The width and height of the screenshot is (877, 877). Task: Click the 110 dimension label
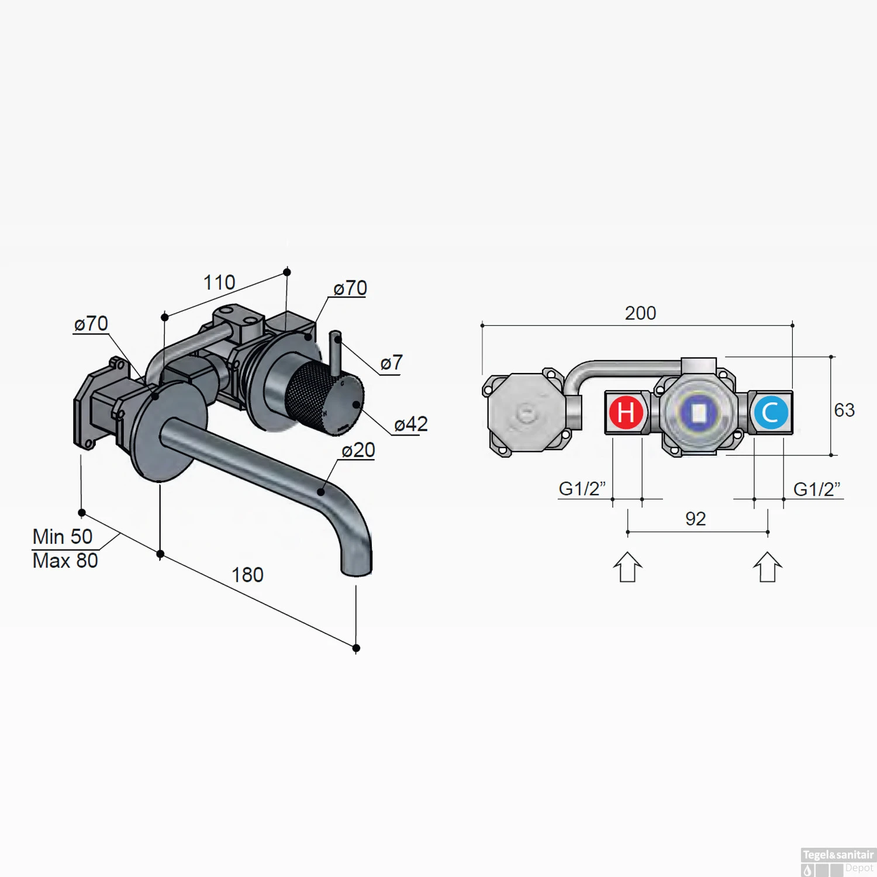click(x=219, y=283)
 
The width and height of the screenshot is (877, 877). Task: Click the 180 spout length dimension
click(x=247, y=575)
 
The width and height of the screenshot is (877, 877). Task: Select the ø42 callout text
click(x=411, y=424)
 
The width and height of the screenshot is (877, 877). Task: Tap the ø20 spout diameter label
click(x=358, y=450)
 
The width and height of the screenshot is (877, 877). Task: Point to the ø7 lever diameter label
click(x=391, y=362)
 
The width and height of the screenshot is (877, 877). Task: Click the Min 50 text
click(x=63, y=536)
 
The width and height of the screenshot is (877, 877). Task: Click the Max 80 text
click(x=65, y=561)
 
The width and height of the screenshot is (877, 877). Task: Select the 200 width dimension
click(x=640, y=313)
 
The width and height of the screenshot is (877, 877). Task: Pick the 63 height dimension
click(x=844, y=410)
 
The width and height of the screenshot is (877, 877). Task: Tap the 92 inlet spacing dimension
click(x=695, y=519)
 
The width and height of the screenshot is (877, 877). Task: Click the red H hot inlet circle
click(x=626, y=412)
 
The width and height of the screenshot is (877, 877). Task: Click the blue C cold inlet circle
click(x=771, y=412)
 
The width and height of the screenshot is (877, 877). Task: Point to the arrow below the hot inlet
click(x=627, y=567)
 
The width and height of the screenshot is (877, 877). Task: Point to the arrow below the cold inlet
click(x=768, y=567)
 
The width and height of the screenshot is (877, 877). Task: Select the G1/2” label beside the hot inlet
click(x=582, y=488)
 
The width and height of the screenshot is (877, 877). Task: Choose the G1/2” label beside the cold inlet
click(x=816, y=489)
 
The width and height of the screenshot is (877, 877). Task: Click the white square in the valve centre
click(x=699, y=413)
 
